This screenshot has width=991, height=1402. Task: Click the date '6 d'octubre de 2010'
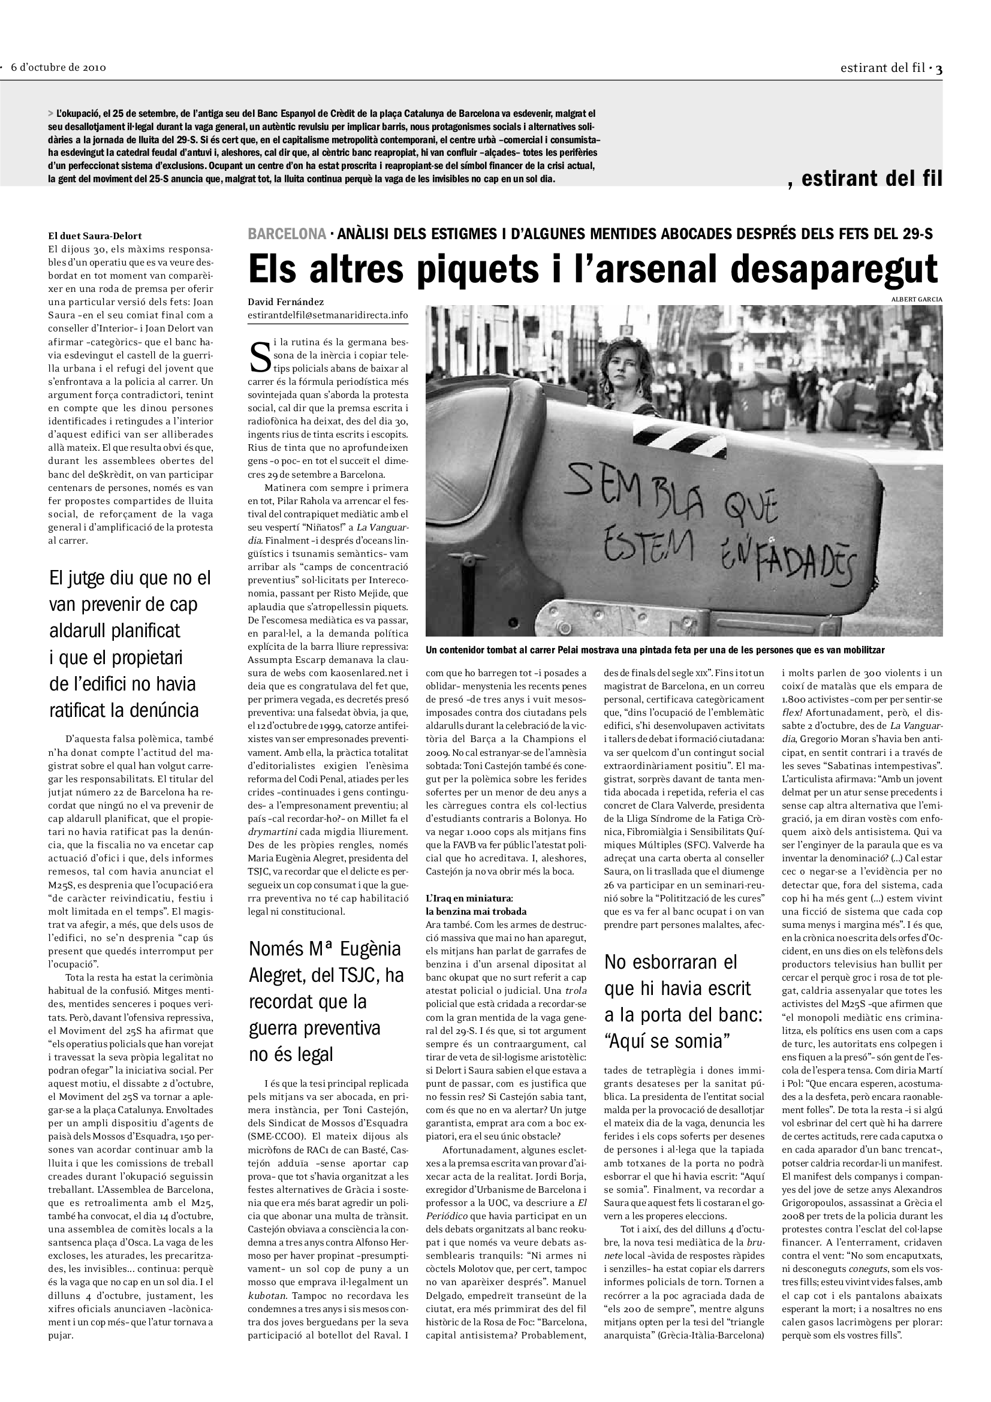[x=59, y=68]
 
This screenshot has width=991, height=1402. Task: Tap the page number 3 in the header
[x=939, y=68]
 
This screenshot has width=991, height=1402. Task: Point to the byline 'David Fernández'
[x=286, y=302]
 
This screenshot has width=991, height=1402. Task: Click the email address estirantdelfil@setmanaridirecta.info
[x=328, y=315]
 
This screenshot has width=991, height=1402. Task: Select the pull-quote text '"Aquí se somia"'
[x=667, y=1042]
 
